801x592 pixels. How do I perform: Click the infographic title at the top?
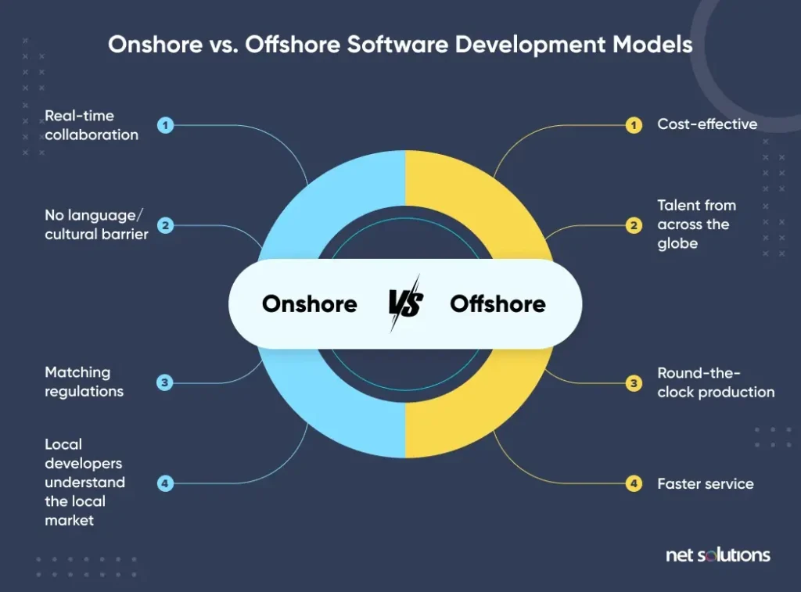point(400,44)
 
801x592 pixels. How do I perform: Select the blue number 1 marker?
point(165,125)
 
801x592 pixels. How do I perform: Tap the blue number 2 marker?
point(165,225)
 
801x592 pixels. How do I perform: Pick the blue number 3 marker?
point(165,382)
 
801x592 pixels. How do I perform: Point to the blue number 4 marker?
point(165,483)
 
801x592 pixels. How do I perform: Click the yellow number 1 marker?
point(634,125)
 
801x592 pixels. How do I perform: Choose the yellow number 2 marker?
point(634,225)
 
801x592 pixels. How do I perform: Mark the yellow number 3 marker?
point(634,382)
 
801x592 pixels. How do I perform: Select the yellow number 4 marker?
point(634,483)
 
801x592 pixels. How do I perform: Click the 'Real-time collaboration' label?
point(91,125)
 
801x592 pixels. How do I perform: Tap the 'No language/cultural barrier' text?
point(96,225)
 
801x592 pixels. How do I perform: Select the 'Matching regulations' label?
point(84,382)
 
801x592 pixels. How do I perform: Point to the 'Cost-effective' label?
point(707,124)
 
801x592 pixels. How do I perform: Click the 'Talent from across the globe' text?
point(696,224)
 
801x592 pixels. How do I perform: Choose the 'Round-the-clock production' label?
point(716,382)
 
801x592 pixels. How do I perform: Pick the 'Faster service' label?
point(706,483)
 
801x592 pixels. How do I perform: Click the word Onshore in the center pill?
point(310,303)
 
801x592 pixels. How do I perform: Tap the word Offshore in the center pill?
point(497,303)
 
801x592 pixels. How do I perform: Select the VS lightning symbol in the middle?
point(405,303)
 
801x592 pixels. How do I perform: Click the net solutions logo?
point(717,555)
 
